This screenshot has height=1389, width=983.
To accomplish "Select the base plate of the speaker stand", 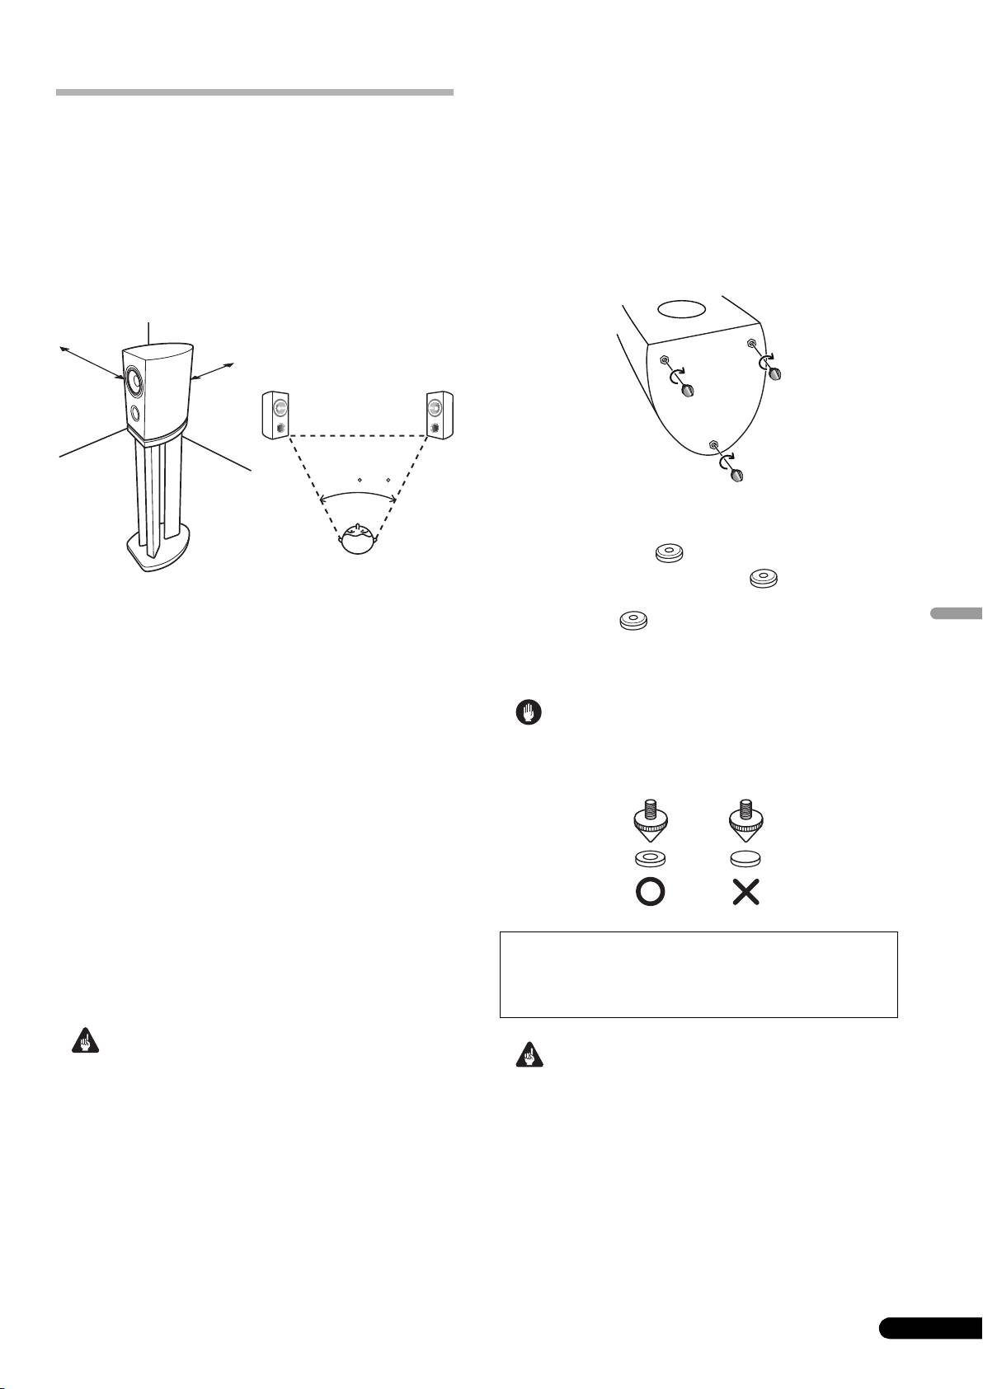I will (156, 551).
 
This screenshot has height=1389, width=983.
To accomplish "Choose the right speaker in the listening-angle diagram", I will (439, 415).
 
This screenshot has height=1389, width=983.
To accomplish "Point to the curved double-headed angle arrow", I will (358, 493).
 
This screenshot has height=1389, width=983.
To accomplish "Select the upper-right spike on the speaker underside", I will (776, 374).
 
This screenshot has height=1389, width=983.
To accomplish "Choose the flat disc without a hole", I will (745, 858).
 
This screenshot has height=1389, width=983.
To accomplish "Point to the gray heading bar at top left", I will (255, 92).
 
